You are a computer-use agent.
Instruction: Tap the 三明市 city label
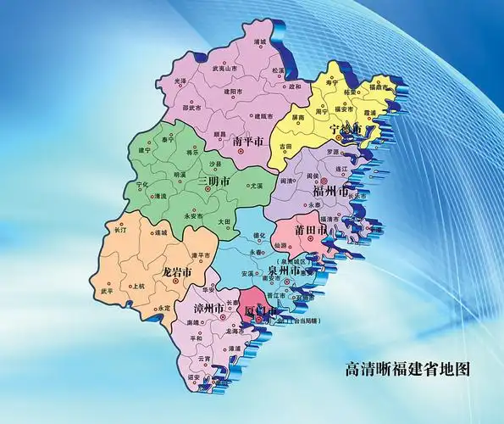[213, 181]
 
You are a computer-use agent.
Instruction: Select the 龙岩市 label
[177, 273]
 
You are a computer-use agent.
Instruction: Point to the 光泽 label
[180, 81]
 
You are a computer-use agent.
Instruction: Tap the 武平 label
[107, 291]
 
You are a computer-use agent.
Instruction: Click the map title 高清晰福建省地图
[407, 369]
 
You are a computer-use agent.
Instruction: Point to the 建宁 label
[143, 150]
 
